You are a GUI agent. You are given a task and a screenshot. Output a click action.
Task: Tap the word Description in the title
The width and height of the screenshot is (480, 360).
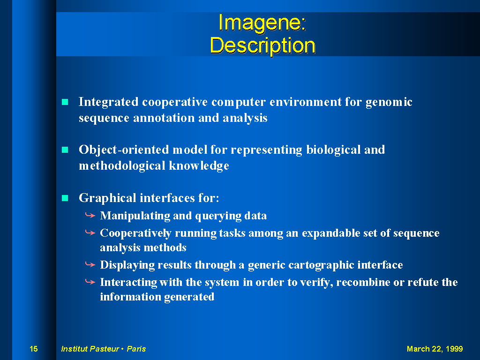(x=262, y=45)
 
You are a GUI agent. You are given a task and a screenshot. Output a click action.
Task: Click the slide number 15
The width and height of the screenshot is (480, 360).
(x=34, y=349)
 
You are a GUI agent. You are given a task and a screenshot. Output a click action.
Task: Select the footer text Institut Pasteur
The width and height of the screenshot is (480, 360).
(x=90, y=349)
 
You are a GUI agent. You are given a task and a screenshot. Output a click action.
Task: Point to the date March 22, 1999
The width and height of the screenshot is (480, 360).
(x=435, y=349)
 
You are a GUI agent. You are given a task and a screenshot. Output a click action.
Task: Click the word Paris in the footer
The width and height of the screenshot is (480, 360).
(x=136, y=349)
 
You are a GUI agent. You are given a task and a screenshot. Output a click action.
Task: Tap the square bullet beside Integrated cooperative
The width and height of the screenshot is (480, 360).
(x=65, y=102)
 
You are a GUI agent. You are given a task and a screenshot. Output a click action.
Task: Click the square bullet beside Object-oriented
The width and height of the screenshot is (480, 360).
(x=65, y=150)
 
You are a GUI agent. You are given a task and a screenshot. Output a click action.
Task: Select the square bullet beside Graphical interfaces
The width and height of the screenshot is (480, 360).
(x=65, y=198)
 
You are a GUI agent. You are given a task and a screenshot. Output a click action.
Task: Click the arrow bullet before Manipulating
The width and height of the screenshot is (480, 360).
(x=90, y=216)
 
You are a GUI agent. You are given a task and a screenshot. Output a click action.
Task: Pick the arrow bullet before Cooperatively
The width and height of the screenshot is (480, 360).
(x=90, y=233)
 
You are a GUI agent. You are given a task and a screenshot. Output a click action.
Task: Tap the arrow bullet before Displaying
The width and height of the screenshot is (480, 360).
(x=90, y=264)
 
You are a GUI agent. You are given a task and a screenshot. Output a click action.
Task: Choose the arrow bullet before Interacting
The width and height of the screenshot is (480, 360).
(x=90, y=282)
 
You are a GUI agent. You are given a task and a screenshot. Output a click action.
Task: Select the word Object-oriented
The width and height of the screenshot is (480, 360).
(x=124, y=150)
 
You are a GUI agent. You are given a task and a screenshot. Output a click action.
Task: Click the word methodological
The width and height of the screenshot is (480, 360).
(x=122, y=166)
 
